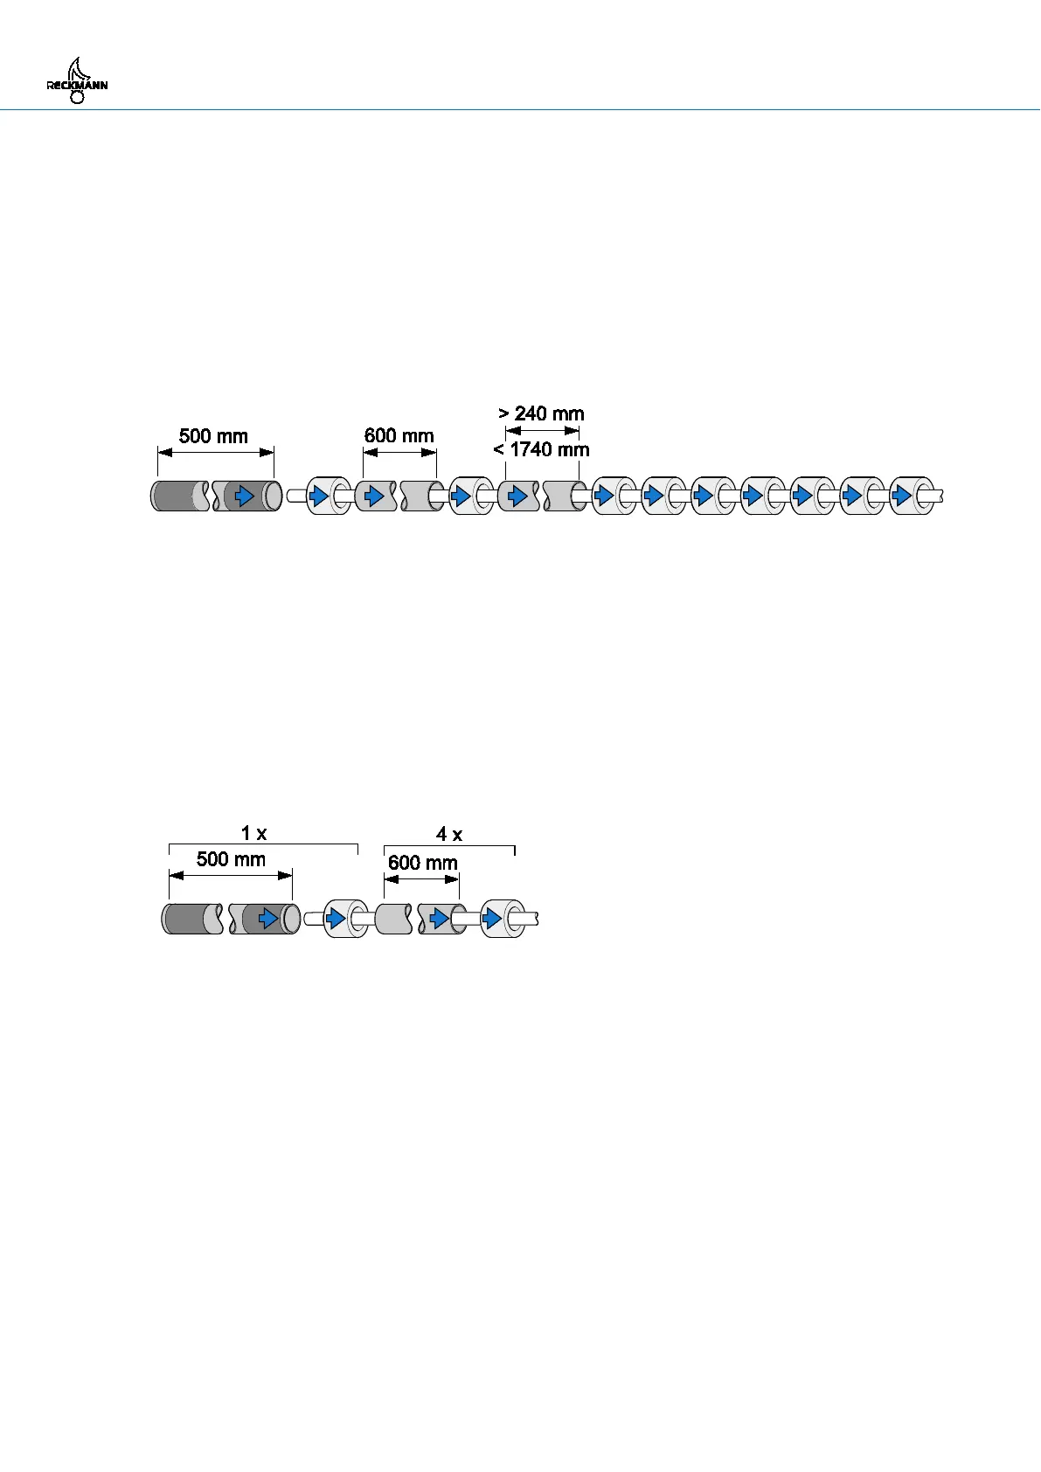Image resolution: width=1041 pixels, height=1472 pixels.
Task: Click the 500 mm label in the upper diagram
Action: point(213,436)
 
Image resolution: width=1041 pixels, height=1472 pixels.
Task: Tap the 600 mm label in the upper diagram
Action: point(399,435)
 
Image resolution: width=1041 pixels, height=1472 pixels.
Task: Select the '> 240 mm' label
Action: point(541,413)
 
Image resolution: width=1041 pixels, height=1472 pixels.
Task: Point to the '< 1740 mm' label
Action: point(541,449)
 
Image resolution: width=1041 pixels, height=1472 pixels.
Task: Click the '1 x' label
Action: point(254,834)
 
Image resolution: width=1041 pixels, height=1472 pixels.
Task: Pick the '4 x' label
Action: point(449,835)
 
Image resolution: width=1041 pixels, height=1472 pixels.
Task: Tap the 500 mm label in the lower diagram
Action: point(231,858)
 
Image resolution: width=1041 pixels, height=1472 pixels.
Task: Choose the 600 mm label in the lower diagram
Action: point(422,863)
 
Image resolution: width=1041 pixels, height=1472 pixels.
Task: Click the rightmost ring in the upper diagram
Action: point(912,496)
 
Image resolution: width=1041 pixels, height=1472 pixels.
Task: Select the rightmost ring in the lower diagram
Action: point(503,919)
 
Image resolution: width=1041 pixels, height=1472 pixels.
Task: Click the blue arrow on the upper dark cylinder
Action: point(246,496)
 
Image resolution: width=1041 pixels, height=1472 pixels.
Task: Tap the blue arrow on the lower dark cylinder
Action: point(268,919)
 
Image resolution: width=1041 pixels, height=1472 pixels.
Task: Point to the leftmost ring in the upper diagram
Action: point(329,496)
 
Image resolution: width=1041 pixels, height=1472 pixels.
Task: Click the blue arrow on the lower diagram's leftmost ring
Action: point(336,919)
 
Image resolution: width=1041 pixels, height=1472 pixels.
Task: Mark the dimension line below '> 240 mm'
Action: point(542,430)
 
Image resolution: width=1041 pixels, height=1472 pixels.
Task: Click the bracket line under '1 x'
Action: point(263,844)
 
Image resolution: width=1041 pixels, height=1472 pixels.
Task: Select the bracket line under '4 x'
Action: point(449,846)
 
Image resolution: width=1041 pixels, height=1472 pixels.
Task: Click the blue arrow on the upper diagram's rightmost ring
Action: point(901,496)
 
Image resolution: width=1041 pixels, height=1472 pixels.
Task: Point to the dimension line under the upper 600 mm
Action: point(399,452)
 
